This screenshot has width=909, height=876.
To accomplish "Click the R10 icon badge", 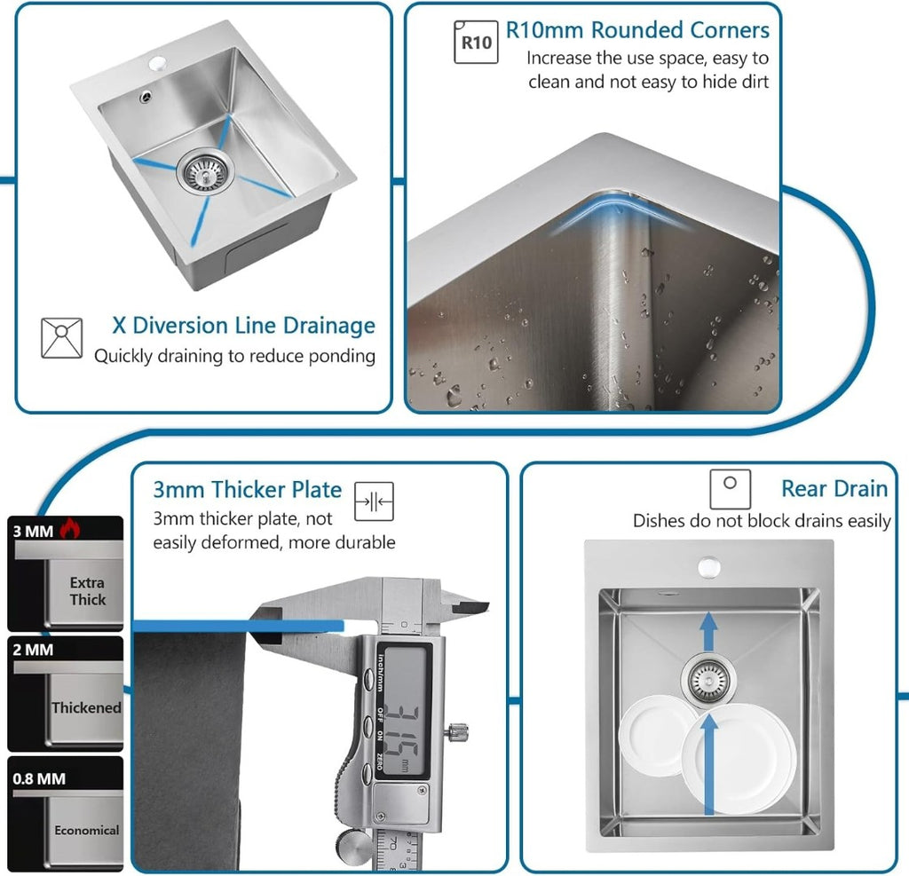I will point(476,42).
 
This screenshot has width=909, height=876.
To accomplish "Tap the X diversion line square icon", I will point(61,338).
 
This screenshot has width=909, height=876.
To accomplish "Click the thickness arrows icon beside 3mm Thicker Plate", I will point(374,501).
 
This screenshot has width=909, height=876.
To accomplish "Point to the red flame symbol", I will point(69,531).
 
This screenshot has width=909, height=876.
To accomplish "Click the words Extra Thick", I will point(87,591).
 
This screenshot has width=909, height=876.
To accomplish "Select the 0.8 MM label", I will point(39,778).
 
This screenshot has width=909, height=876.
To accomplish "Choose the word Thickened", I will point(86,707).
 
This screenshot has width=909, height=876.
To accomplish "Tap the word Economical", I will point(86,830).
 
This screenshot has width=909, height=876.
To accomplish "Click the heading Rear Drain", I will point(834,488).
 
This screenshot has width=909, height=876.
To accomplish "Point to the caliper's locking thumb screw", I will point(458,734).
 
